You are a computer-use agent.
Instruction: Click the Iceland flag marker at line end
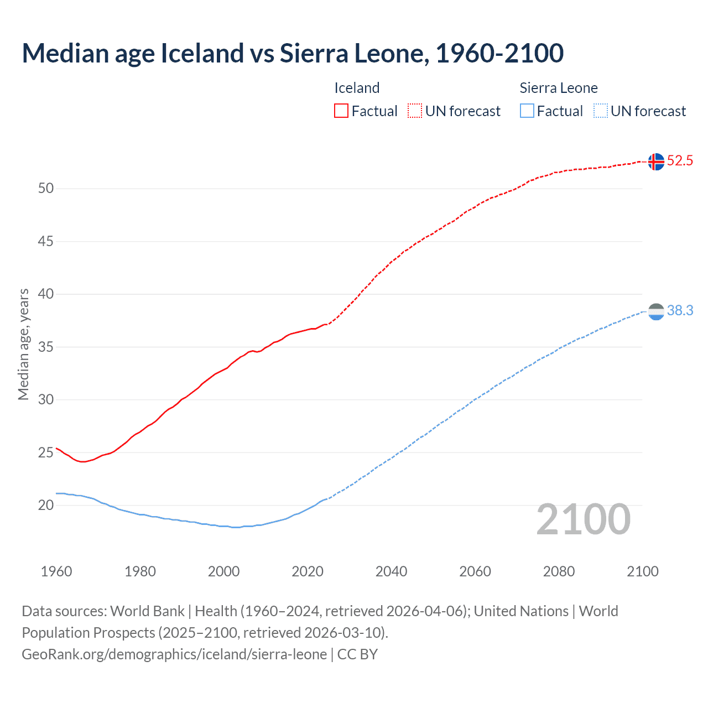pos(655,162)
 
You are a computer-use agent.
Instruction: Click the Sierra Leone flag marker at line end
pos(655,312)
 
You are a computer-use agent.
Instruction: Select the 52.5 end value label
pos(680,161)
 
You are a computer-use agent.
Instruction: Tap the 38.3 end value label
pos(680,311)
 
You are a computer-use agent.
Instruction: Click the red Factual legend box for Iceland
pos(341,111)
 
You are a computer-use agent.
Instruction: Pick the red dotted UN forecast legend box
pos(415,111)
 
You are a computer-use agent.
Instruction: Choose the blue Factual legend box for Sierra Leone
pos(527,111)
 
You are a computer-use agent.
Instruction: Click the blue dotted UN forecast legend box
pos(600,111)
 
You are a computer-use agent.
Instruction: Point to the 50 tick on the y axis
pos(46,189)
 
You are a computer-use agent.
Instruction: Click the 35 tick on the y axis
pos(46,347)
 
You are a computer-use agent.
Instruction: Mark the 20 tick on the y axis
pos(46,506)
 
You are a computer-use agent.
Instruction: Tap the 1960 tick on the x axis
pos(56,571)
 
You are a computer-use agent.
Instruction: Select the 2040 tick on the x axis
pos(391,571)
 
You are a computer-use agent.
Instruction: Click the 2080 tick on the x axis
pos(559,571)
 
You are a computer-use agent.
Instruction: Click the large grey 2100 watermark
pos(583,519)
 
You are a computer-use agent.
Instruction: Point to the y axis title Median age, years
pos(23,344)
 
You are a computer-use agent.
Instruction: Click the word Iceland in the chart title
pos(202,53)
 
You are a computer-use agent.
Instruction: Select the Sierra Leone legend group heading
pos(559,88)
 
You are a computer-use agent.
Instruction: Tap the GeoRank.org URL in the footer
pos(174,654)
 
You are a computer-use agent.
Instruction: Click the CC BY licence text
pos(357,654)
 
